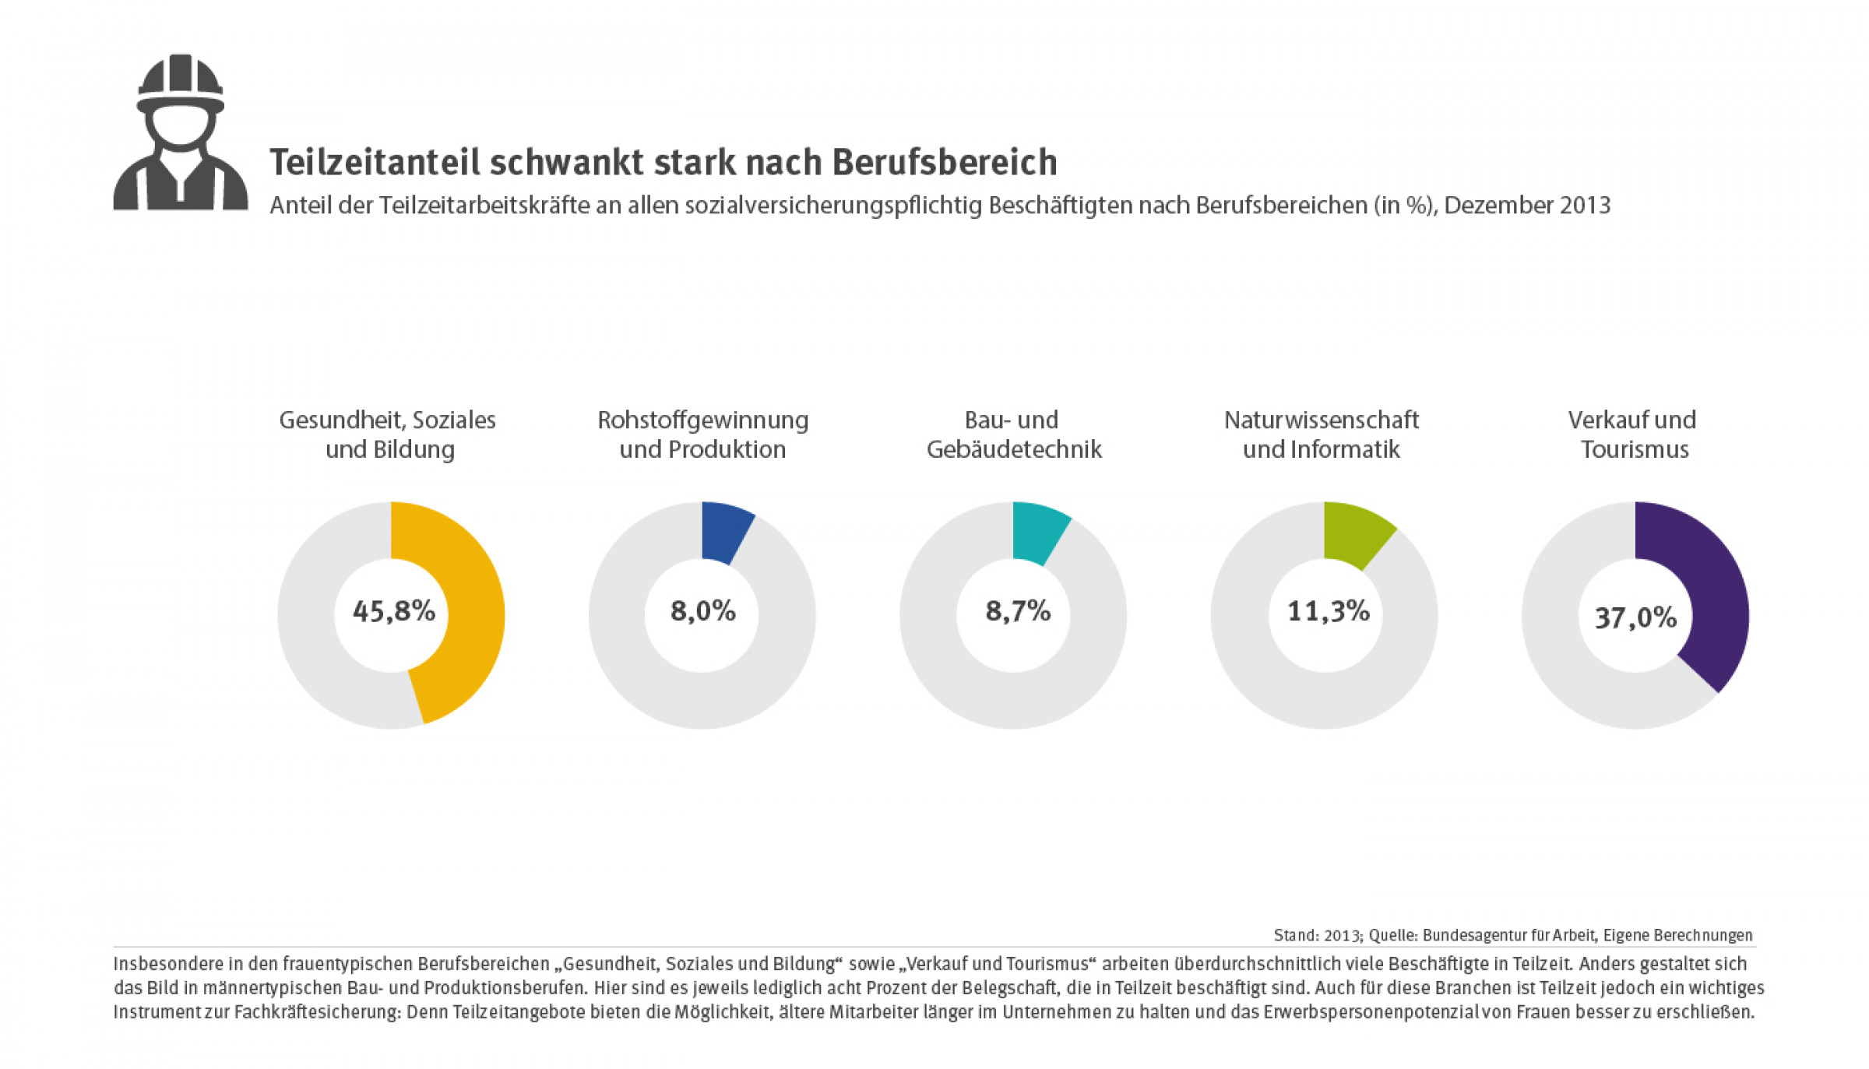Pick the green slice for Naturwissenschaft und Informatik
click(1355, 534)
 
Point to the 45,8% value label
click(393, 611)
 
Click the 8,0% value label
click(702, 611)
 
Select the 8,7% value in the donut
click(1017, 611)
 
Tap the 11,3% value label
click(1328, 611)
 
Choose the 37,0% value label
click(1635, 617)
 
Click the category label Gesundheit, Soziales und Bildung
click(388, 434)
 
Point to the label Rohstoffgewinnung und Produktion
click(702, 434)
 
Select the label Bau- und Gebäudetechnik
click(1013, 434)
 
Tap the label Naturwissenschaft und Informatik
click(1322, 434)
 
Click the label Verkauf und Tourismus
click(1633, 434)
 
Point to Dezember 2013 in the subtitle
click(1526, 206)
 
